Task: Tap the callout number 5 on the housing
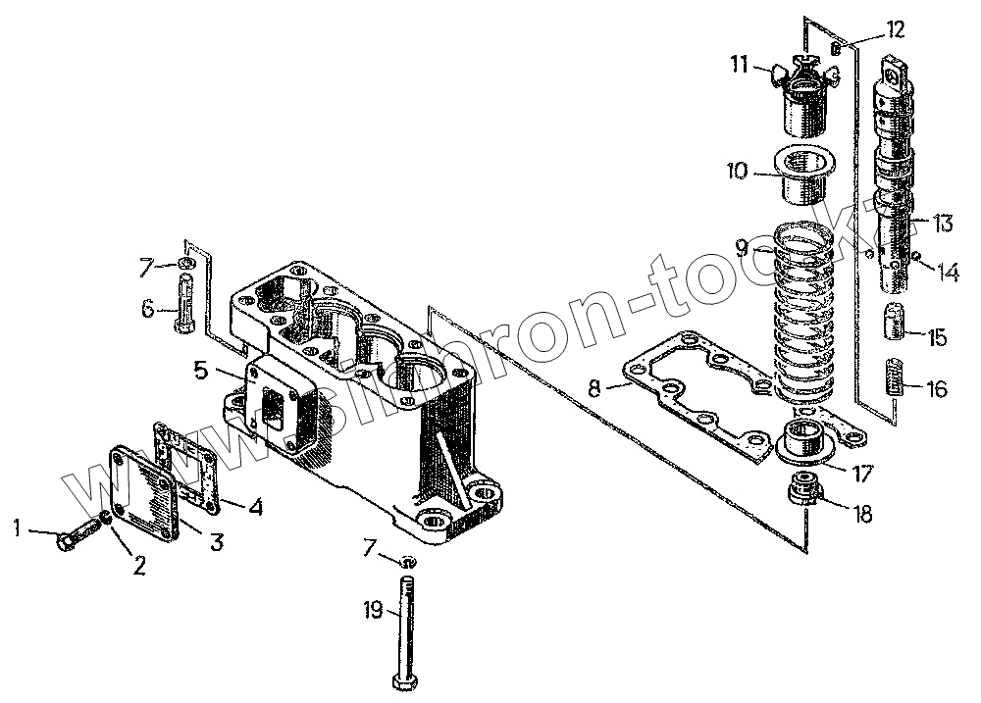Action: pos(200,371)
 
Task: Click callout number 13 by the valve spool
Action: pos(943,224)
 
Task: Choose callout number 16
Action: pos(937,389)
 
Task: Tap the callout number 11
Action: pos(738,66)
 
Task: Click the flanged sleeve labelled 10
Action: pos(805,175)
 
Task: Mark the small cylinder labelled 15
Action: pos(895,323)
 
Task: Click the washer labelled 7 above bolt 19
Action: pos(409,561)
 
